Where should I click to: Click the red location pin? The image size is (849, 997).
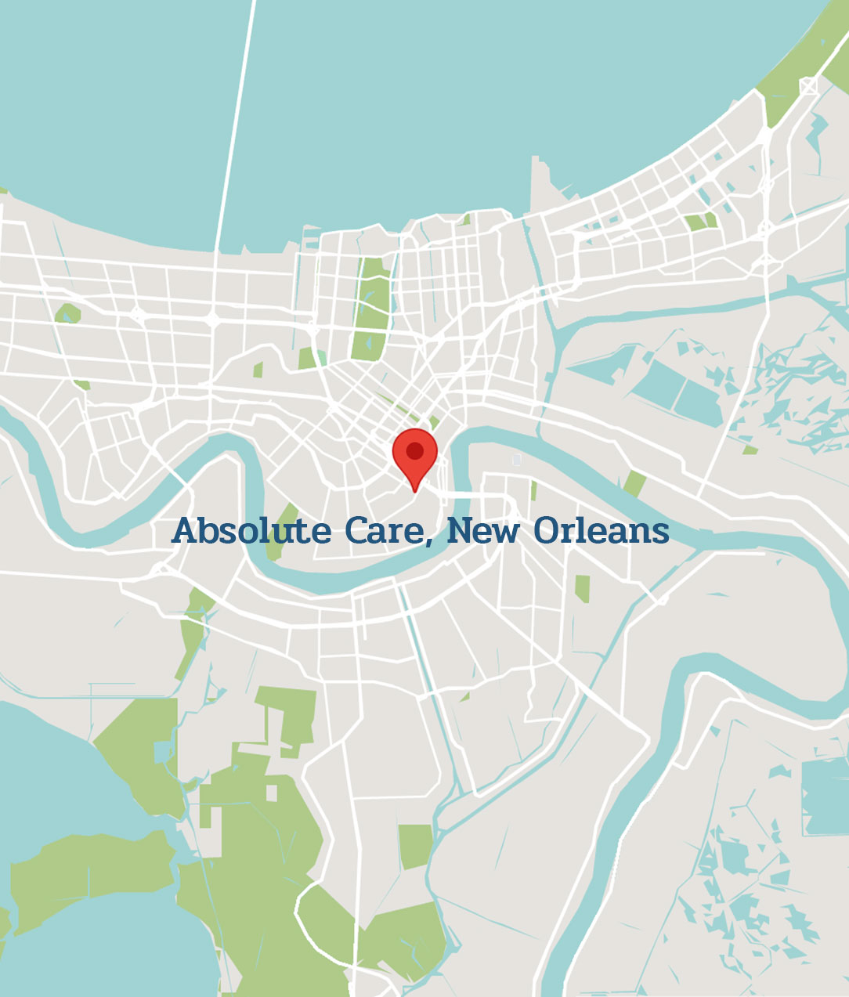(414, 454)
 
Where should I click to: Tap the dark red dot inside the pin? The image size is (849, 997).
(414, 450)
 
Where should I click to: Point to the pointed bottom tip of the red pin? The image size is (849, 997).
(415, 491)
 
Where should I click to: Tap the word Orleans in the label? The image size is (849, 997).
(601, 531)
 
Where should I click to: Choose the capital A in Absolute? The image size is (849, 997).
(184, 530)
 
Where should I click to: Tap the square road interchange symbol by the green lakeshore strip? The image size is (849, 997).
(808, 85)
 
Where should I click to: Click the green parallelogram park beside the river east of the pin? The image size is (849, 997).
(634, 484)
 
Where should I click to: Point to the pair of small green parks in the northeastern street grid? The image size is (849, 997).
(700, 221)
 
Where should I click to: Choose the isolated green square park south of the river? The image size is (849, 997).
(415, 846)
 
